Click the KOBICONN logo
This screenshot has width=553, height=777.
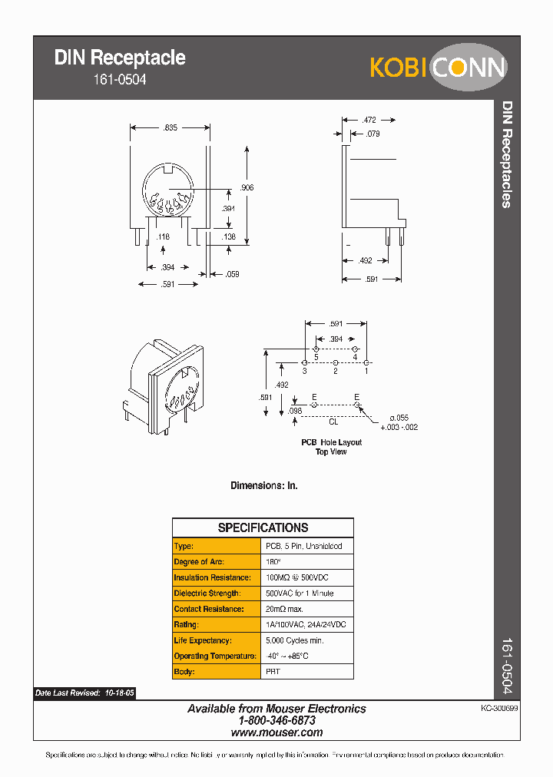coord(438,68)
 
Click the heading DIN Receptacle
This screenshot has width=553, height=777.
coord(120,58)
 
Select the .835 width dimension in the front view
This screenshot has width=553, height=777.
coord(170,128)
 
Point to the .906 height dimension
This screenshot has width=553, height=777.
coord(247,187)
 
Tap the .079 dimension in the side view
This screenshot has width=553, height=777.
coord(373,134)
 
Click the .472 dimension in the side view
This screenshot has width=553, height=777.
coord(369,120)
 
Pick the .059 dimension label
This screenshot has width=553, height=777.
coord(231,273)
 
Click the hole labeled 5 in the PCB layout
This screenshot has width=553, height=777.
coord(316,349)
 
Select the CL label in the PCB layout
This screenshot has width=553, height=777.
coord(333,422)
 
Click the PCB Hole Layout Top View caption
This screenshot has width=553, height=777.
coord(331,447)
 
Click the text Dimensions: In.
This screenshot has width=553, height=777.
coord(264,485)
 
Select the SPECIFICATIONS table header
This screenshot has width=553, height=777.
coord(263,527)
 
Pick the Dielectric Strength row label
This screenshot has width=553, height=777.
coord(207,593)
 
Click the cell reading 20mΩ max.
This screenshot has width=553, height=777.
coord(285,609)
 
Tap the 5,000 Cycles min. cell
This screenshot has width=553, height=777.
coord(295,640)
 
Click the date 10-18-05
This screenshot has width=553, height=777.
coord(119,693)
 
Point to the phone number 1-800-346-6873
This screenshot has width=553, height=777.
coord(276,721)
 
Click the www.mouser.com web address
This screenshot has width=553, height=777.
coord(276,732)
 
